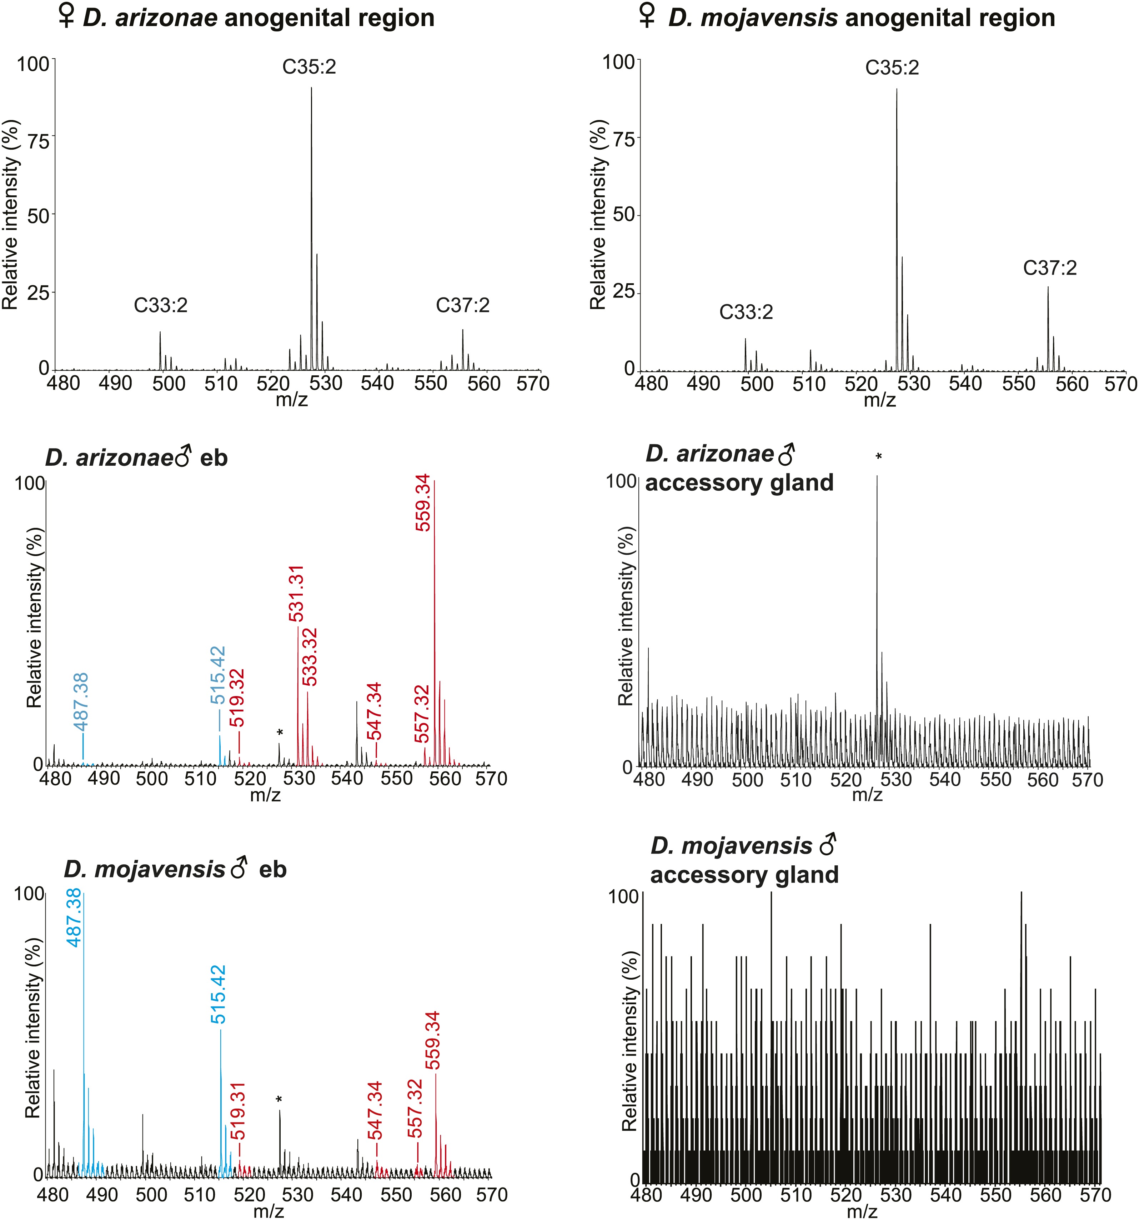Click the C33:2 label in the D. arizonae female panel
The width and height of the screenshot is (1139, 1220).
tap(161, 305)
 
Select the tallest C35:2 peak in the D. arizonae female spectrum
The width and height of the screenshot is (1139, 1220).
tap(311, 184)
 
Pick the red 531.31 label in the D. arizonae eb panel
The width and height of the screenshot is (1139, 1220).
tap(296, 594)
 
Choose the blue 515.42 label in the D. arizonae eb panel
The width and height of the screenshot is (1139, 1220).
tap(218, 675)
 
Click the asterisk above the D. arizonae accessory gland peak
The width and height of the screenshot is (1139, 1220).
tap(879, 456)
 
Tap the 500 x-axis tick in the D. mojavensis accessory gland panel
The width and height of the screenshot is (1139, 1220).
tap(746, 1195)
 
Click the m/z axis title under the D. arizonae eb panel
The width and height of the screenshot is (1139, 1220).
tap(266, 795)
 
